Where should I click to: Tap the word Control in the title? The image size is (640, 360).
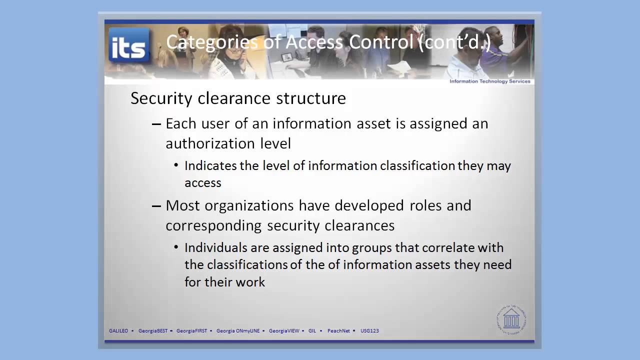point(381,42)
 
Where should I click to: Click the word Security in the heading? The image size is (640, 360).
point(162,98)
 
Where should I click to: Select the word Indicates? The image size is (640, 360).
point(210,165)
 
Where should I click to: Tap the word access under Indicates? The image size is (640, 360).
point(203,182)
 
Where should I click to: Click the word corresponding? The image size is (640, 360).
point(214,225)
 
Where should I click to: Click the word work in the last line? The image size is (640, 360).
point(252,282)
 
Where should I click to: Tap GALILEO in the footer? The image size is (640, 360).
point(118,330)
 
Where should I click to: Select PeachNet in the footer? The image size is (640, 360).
point(338,330)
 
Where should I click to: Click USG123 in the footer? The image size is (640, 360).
point(369,330)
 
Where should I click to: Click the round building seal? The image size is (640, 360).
point(511,318)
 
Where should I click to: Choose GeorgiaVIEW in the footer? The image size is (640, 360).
point(284,330)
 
